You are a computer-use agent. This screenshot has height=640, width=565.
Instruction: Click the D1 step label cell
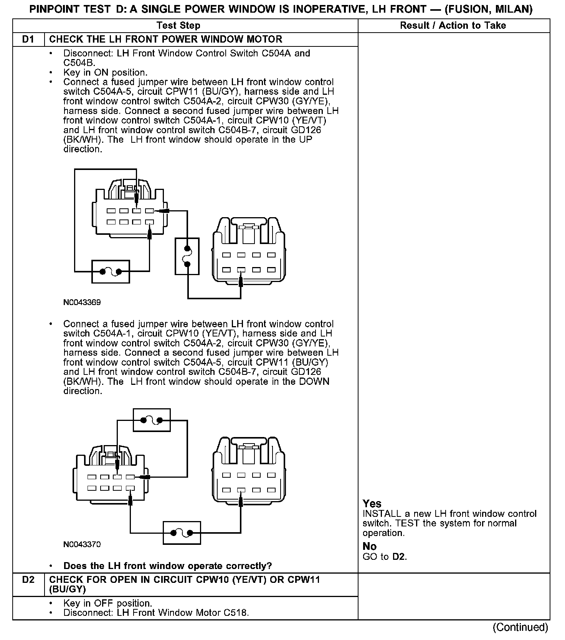pos(28,40)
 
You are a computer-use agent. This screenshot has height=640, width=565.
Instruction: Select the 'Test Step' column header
pos(178,26)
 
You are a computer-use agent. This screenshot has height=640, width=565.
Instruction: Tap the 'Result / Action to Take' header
pos(453,26)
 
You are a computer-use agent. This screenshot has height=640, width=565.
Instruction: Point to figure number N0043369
pos(82,302)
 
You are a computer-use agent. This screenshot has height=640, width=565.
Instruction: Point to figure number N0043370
pos(82,544)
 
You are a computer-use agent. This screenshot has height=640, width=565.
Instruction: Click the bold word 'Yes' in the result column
pos(372,503)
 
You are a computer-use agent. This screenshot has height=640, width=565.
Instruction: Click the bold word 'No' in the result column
pos(369,546)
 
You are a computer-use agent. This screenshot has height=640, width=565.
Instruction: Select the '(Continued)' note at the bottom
pos(521,627)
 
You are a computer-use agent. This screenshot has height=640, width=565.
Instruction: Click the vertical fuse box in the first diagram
pos(187,256)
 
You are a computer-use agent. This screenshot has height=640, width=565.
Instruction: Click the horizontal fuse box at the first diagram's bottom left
pos(111,272)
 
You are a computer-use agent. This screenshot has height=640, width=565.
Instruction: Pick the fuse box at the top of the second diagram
pos(151,420)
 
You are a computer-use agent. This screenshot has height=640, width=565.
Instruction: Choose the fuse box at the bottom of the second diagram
pos(182,533)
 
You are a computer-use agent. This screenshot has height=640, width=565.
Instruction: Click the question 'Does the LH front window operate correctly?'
pos(167,566)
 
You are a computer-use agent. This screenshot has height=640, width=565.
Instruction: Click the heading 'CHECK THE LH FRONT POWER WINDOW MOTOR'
pos(166,40)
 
